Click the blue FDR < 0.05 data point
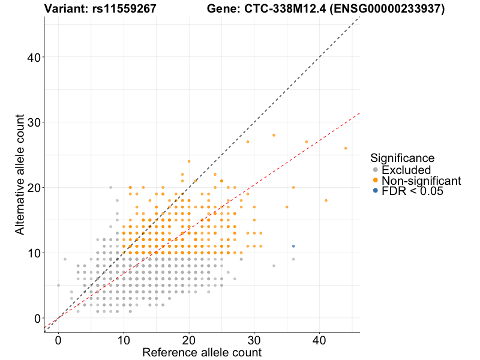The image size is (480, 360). (293, 246)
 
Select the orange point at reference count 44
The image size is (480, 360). (346, 148)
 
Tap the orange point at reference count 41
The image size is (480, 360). (326, 200)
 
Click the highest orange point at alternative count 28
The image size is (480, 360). (274, 136)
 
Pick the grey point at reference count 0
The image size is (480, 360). (58, 286)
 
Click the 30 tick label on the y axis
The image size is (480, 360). (34, 122)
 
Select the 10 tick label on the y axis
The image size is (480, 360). (34, 253)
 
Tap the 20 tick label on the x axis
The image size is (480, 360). (189, 340)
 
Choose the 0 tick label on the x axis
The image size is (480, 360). (58, 340)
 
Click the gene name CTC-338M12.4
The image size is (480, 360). (285, 9)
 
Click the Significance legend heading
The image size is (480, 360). (402, 158)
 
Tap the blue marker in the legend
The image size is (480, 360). (376, 191)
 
